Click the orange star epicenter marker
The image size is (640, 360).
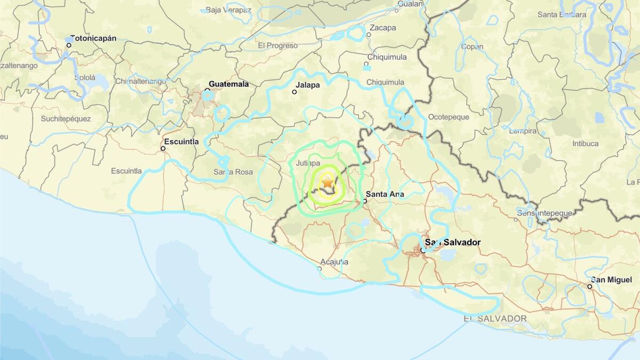coord(327,182)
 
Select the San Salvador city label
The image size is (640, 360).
coord(452,242)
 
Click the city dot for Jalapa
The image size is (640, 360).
coord(294,92)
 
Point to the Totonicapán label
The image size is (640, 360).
coord(93,38)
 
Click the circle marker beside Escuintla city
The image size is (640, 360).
coord(163,148)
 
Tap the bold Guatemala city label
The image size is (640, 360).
coord(228,84)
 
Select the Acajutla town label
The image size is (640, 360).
coord(334,261)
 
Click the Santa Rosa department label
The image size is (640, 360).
coord(233,172)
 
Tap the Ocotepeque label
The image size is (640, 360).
coord(449,117)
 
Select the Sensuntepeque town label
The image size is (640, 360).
coord(543,213)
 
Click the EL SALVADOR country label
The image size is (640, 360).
coord(495,318)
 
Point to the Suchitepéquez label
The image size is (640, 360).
coord(66,118)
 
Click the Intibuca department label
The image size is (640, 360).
coord(585,143)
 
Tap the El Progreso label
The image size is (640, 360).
coord(277,46)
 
